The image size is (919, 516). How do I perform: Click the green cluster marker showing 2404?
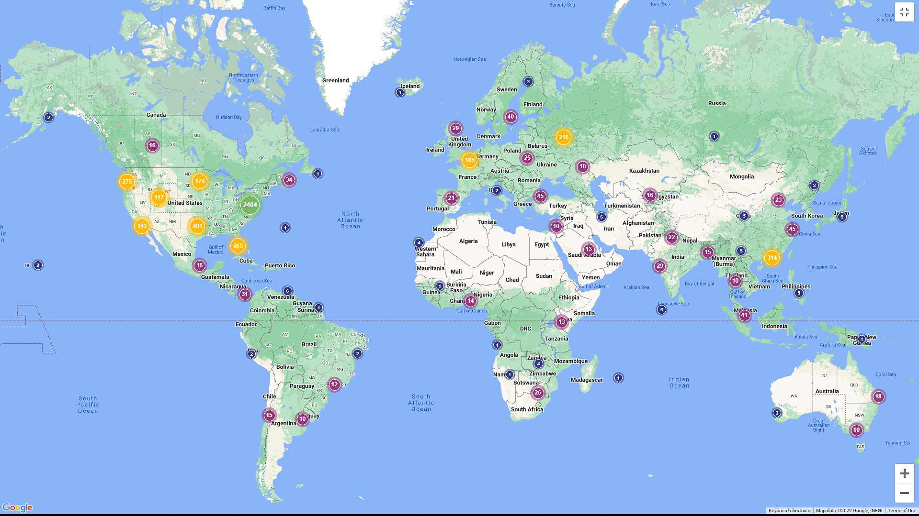(x=250, y=205)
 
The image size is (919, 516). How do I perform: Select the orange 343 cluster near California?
(x=142, y=226)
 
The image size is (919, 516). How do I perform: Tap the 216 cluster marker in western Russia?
(x=563, y=137)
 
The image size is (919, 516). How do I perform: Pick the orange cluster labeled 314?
(x=771, y=258)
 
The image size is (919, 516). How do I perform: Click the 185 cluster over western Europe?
(x=469, y=160)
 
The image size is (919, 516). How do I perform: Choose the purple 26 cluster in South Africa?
(x=538, y=393)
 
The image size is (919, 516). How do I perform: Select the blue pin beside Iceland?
(x=400, y=92)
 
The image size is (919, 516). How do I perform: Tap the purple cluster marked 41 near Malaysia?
(x=744, y=315)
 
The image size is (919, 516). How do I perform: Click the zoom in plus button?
(x=904, y=473)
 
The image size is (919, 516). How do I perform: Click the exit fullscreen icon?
(x=904, y=12)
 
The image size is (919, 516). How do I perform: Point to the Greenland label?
(x=335, y=80)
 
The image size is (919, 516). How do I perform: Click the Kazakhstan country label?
(x=644, y=171)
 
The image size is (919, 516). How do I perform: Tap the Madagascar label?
(x=586, y=380)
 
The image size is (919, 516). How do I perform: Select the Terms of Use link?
(x=902, y=510)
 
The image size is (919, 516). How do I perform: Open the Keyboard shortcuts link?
(x=789, y=510)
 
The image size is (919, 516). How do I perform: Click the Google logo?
(x=17, y=507)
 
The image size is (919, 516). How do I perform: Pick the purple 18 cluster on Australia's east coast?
(x=878, y=396)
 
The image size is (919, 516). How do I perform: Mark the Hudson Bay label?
(x=228, y=117)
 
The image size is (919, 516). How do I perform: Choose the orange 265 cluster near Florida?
(x=238, y=246)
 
